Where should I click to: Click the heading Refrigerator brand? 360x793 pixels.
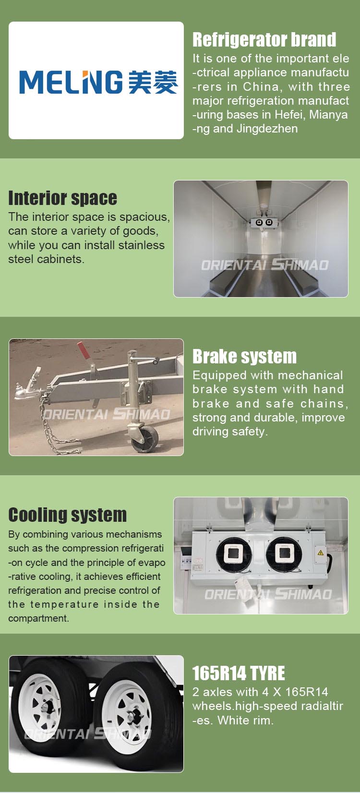(264, 39)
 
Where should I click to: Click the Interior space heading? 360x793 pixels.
(63, 198)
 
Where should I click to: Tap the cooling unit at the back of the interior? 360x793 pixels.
(264, 222)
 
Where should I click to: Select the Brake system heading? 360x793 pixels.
(245, 357)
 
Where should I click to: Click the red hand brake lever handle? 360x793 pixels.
(84, 350)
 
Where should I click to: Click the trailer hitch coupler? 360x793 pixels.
(26, 386)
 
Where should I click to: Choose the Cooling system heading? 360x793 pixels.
(67, 515)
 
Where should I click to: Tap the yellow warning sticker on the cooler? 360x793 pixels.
(320, 553)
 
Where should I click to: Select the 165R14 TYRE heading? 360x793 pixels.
(239, 673)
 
